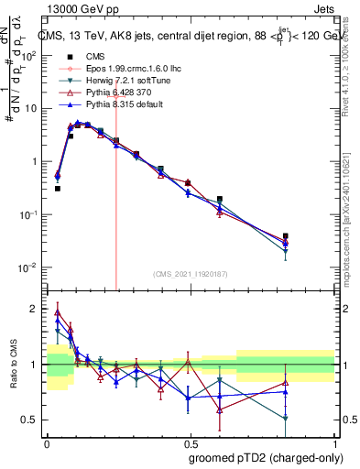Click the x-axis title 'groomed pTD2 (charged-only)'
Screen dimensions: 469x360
tap(265, 457)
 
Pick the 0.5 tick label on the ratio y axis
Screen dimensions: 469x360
tap(31, 420)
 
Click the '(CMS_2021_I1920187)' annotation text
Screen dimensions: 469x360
tap(190, 274)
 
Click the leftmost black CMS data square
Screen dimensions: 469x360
tap(57, 189)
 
